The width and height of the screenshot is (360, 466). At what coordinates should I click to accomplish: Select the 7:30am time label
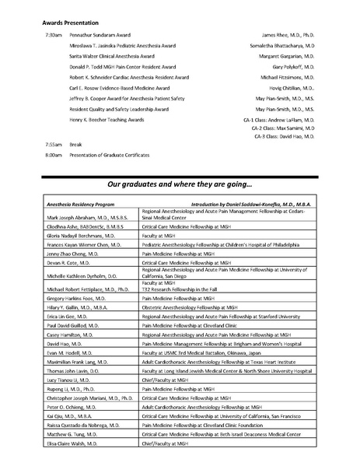click(x=53, y=36)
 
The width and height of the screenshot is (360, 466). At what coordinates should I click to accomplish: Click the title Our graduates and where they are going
click(x=180, y=185)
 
